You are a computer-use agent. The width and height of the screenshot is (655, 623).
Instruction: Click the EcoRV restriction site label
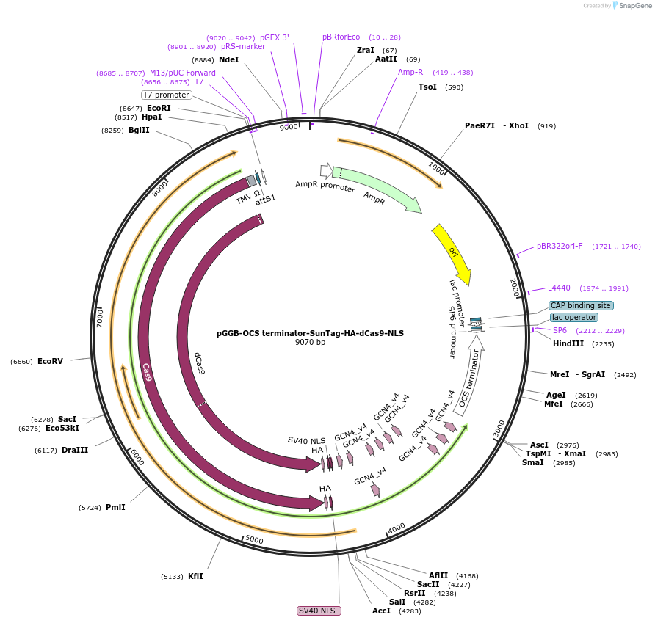(50, 361)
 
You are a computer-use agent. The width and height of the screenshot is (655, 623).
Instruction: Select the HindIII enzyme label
(568, 343)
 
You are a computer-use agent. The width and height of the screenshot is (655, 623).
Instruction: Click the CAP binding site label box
(580, 305)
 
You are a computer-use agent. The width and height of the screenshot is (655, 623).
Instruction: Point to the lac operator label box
(573, 317)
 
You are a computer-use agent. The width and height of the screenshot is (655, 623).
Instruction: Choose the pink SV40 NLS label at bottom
(318, 611)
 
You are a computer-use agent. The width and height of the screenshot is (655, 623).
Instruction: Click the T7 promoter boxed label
(166, 95)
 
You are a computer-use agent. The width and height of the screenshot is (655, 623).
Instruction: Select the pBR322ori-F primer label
(559, 246)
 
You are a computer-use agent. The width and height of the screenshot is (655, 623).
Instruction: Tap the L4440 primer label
(558, 288)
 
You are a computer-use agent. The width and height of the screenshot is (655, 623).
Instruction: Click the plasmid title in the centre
(310, 332)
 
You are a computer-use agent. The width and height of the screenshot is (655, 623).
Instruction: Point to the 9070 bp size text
(310, 343)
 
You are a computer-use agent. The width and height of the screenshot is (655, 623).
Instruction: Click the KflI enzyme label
(195, 576)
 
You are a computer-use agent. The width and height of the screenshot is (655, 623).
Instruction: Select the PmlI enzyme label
(115, 507)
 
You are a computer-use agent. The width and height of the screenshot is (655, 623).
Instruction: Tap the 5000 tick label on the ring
(254, 539)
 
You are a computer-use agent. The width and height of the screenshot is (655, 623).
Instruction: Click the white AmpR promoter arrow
(325, 170)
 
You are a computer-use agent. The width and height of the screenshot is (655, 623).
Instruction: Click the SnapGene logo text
(635, 5)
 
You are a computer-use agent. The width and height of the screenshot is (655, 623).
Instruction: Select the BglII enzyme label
(139, 130)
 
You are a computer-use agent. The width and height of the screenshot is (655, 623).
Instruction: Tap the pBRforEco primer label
(341, 37)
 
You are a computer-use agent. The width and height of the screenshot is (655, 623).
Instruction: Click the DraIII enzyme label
(75, 450)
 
